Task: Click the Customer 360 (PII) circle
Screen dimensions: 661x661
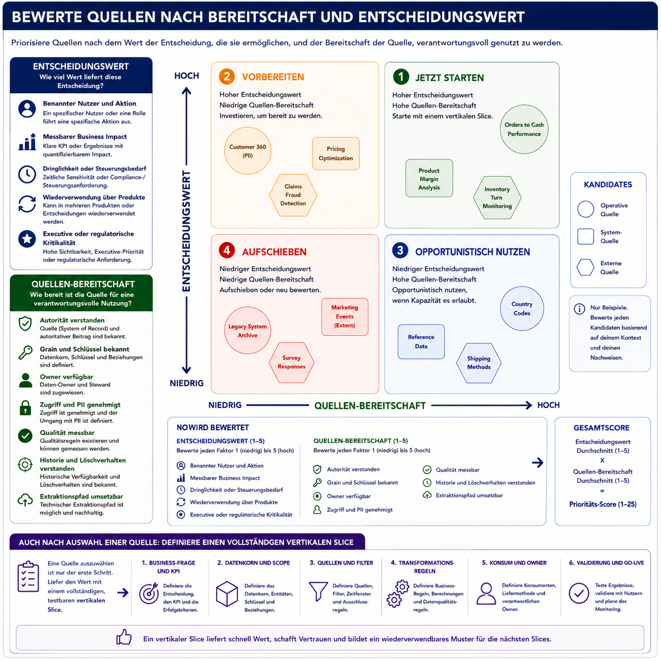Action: coord(247,151)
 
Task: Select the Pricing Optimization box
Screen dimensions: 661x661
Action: coord(335,153)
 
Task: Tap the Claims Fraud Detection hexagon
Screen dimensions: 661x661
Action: coord(293,195)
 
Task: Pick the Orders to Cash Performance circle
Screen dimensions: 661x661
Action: coord(523,129)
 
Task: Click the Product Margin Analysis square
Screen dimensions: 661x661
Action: coord(429,178)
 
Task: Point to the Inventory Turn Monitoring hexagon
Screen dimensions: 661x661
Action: coord(497,198)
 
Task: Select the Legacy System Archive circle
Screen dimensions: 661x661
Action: coord(247,330)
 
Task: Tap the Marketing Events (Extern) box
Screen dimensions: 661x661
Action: coord(344,316)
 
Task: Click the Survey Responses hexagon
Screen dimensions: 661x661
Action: coord(291,362)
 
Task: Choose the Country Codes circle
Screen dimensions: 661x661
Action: coord(521,308)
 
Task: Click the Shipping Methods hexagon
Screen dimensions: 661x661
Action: coord(479,363)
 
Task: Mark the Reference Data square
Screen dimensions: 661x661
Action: coord(421,341)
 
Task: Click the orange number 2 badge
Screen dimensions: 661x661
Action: coord(226,76)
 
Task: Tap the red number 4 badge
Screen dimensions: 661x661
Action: coord(226,250)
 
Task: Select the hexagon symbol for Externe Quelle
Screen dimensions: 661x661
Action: coord(585,267)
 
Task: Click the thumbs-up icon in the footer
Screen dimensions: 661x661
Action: coord(124,637)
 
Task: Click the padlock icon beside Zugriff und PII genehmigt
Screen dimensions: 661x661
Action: coord(25,407)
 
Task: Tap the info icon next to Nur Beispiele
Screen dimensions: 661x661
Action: coord(579,309)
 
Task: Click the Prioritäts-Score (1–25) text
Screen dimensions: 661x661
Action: coord(602,504)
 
